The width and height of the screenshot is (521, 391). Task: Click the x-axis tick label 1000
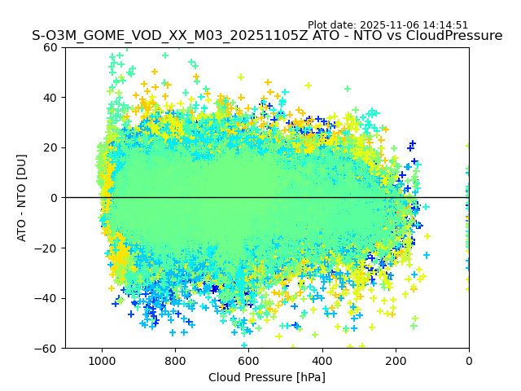point(102,360)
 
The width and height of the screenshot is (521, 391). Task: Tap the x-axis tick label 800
point(175,360)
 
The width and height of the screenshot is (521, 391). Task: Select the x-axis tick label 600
point(248,360)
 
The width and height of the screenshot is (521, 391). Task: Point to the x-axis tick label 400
point(322,360)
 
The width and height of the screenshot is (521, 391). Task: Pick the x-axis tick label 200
point(396,360)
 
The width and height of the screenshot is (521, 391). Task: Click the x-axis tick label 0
point(469,360)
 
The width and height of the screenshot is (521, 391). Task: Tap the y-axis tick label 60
point(50,47)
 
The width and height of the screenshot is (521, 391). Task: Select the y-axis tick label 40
point(50,98)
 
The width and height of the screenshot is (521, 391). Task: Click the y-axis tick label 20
point(50,147)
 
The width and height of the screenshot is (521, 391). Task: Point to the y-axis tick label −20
point(47,248)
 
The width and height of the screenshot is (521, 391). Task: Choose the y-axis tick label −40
point(47,298)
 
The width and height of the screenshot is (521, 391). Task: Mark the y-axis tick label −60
point(47,348)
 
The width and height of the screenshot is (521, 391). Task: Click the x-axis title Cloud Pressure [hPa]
point(267,377)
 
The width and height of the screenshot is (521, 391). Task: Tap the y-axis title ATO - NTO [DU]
point(22,197)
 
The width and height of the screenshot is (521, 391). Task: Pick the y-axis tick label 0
point(55,198)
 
